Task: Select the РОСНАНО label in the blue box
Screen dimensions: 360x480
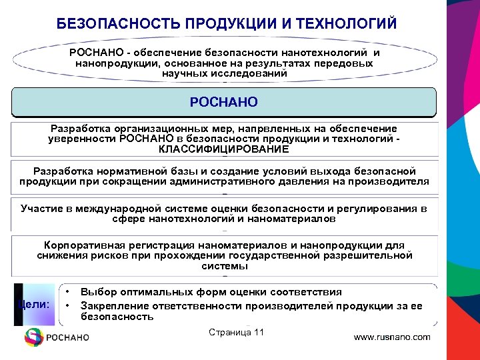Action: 224,103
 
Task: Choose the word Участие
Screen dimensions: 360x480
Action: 41,209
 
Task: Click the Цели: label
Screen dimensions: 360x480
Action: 35,304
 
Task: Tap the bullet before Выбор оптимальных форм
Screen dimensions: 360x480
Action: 69,292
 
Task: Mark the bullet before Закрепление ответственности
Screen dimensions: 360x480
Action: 69,305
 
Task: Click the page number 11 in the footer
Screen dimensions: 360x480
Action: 259,333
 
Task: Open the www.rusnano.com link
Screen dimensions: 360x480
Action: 392,337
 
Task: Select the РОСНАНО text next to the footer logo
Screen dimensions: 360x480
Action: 67,338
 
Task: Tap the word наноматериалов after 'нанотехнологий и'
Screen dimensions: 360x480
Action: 290,219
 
